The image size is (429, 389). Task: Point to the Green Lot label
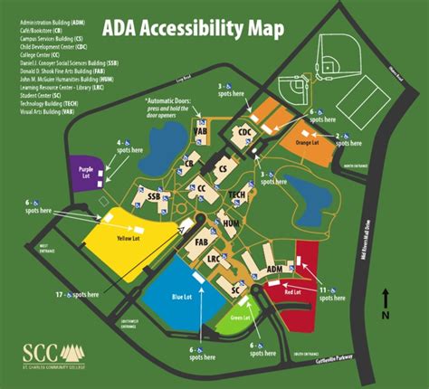click(239, 317)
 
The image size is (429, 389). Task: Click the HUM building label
click(231, 223)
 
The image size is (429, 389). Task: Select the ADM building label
click(273, 269)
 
